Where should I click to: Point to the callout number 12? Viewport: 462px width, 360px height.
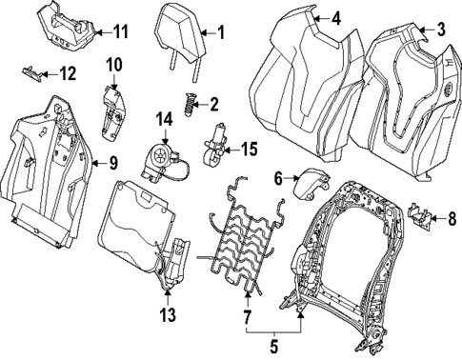67,73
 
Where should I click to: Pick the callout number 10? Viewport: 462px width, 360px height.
114,65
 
